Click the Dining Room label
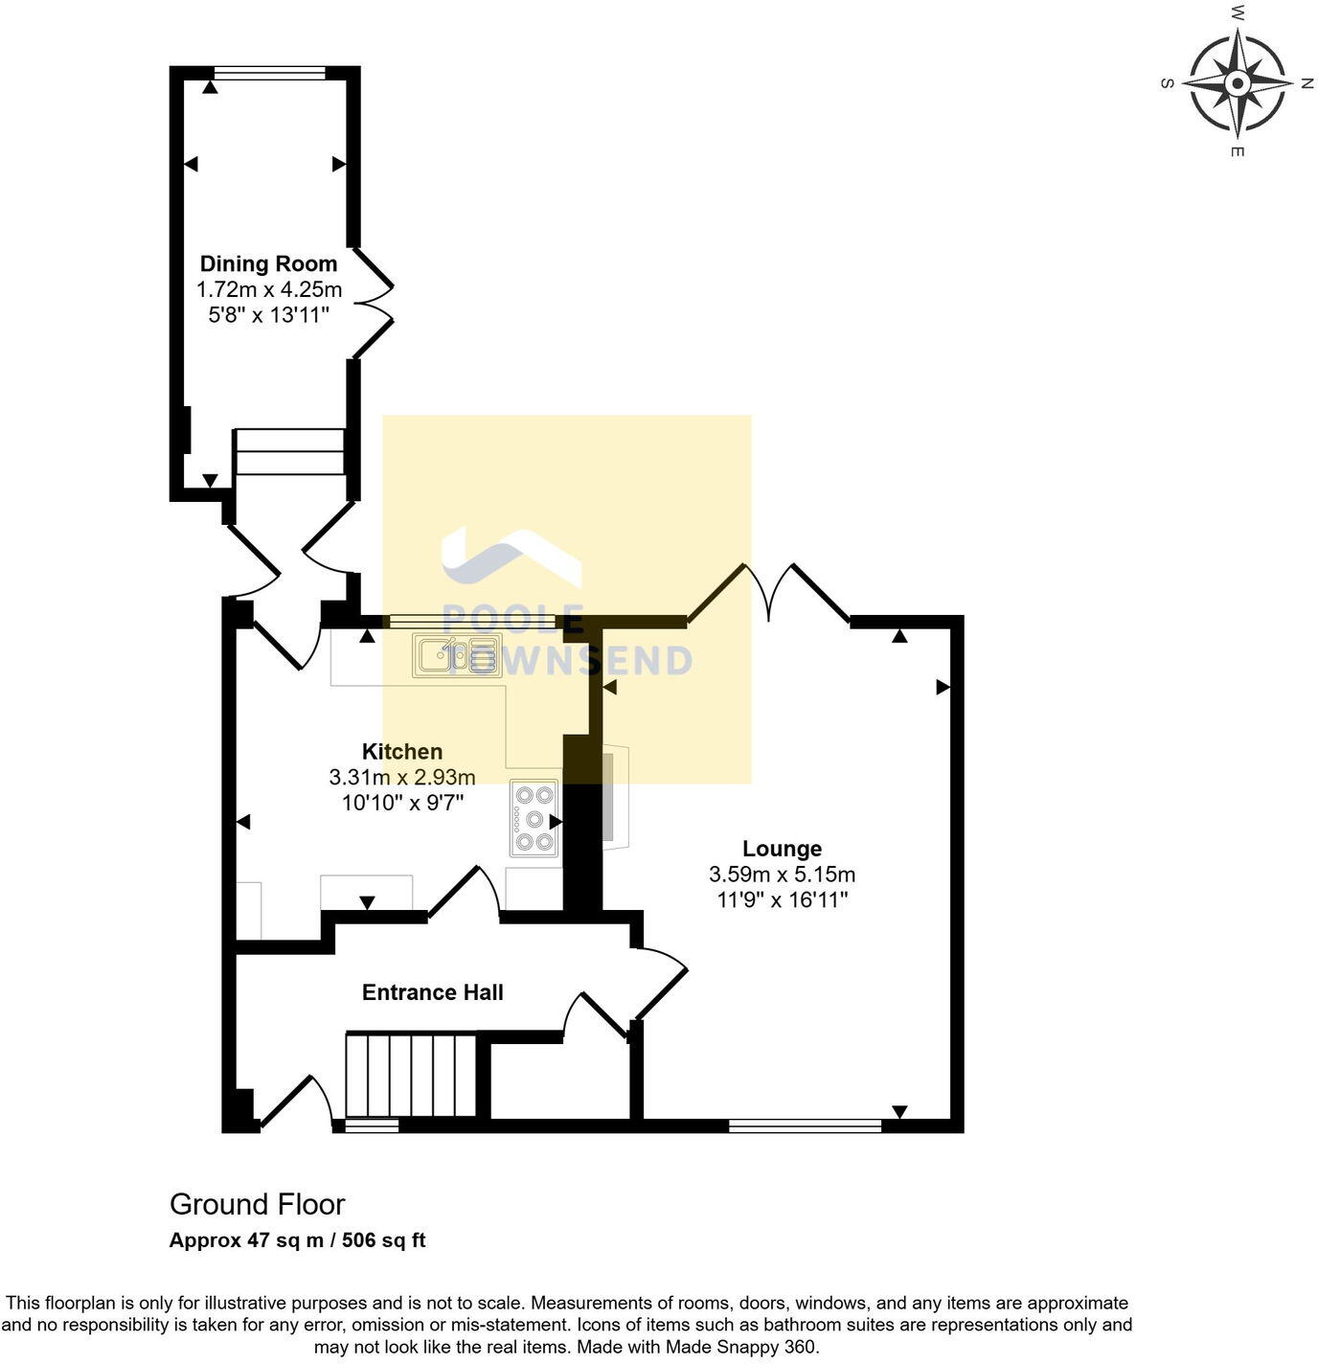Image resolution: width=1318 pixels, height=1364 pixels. pyautogui.click(x=268, y=263)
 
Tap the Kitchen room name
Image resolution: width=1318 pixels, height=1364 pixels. pyautogui.click(x=401, y=751)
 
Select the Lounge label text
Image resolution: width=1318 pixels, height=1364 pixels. pyautogui.click(x=782, y=849)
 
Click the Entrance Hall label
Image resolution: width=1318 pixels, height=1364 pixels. pyautogui.click(x=432, y=992)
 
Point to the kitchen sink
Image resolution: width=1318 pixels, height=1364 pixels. pyautogui.click(x=457, y=655)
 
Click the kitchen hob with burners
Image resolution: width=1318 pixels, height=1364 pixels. pyautogui.click(x=534, y=819)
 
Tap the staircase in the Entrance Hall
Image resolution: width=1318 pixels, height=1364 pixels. pyautogui.click(x=411, y=1075)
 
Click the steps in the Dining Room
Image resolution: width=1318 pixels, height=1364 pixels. pyautogui.click(x=289, y=451)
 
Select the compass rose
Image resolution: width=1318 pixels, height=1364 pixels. pyautogui.click(x=1237, y=83)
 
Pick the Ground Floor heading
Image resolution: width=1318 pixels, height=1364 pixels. pyautogui.click(x=257, y=1204)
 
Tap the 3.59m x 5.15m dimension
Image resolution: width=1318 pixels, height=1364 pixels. pyautogui.click(x=782, y=875)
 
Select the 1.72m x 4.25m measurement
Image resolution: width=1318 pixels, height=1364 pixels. pyautogui.click(x=268, y=289)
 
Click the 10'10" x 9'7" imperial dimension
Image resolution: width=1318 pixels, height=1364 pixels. pyautogui.click(x=402, y=803)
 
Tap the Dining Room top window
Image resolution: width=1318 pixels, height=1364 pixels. pyautogui.click(x=269, y=72)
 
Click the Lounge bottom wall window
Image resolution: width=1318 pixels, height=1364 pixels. pyautogui.click(x=805, y=1125)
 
